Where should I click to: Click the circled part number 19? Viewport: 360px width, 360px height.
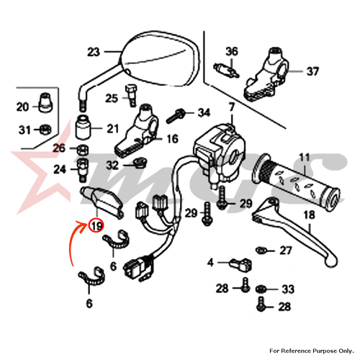[96, 226]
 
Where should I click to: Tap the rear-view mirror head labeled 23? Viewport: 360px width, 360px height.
[161, 58]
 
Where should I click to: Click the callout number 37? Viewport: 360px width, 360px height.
[312, 71]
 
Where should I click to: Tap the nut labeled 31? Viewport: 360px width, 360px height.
[45, 130]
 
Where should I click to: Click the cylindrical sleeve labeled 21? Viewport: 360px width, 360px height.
[83, 127]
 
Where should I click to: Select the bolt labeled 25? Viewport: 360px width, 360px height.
[131, 96]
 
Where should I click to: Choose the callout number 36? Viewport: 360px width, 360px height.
[232, 52]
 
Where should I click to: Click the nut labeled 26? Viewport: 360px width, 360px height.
[83, 150]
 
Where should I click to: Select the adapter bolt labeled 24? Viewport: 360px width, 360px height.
[82, 171]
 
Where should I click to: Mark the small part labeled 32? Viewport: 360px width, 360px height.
[139, 163]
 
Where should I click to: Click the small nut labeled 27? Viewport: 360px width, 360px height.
[261, 251]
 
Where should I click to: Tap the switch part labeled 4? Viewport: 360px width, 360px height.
[240, 264]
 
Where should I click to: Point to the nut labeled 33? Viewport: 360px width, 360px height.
[260, 289]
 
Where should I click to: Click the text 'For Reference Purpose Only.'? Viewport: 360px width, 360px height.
[311, 351]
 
